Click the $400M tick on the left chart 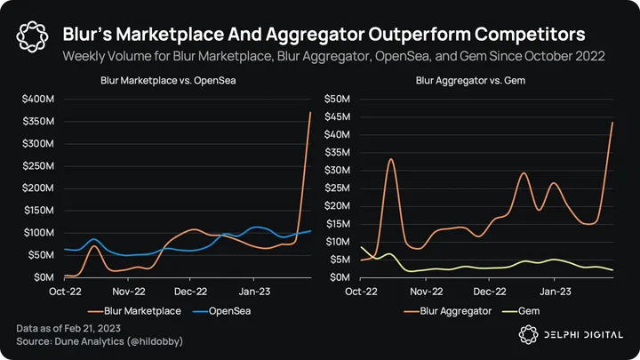pos(38,97)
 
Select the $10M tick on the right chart pos(340,242)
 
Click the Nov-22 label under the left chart pos(128,291)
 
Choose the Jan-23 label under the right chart pos(555,291)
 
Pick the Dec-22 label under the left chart pos(191,291)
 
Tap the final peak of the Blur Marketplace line pos(310,113)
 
